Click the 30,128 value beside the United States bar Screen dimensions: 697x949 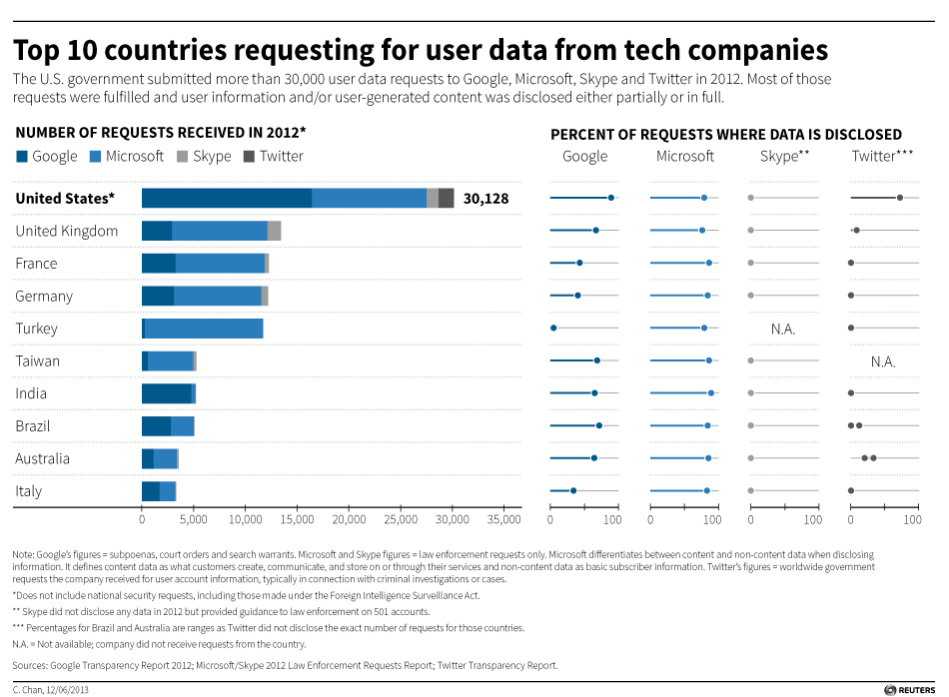coord(485,199)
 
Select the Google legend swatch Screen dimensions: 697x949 coord(22,156)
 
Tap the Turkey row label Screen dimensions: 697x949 coord(37,329)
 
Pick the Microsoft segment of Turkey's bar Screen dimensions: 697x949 coord(204,329)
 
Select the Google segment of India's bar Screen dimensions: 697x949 coord(166,393)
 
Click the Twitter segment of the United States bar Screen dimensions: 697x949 coord(447,198)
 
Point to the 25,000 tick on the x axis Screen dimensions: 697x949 coord(401,519)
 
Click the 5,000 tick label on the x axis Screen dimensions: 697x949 coord(193,519)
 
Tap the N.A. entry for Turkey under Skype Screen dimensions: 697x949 coord(783,329)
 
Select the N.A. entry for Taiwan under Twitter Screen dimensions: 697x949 coord(883,361)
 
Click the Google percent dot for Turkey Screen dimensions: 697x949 coord(553,328)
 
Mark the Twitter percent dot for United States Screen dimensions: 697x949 coord(900,198)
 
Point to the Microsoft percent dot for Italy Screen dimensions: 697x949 coord(706,490)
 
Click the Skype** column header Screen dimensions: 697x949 coord(784,156)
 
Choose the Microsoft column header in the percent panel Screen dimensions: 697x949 coord(685,156)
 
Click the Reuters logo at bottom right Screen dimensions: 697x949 coord(910,688)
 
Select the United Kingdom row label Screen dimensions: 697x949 coord(67,231)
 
